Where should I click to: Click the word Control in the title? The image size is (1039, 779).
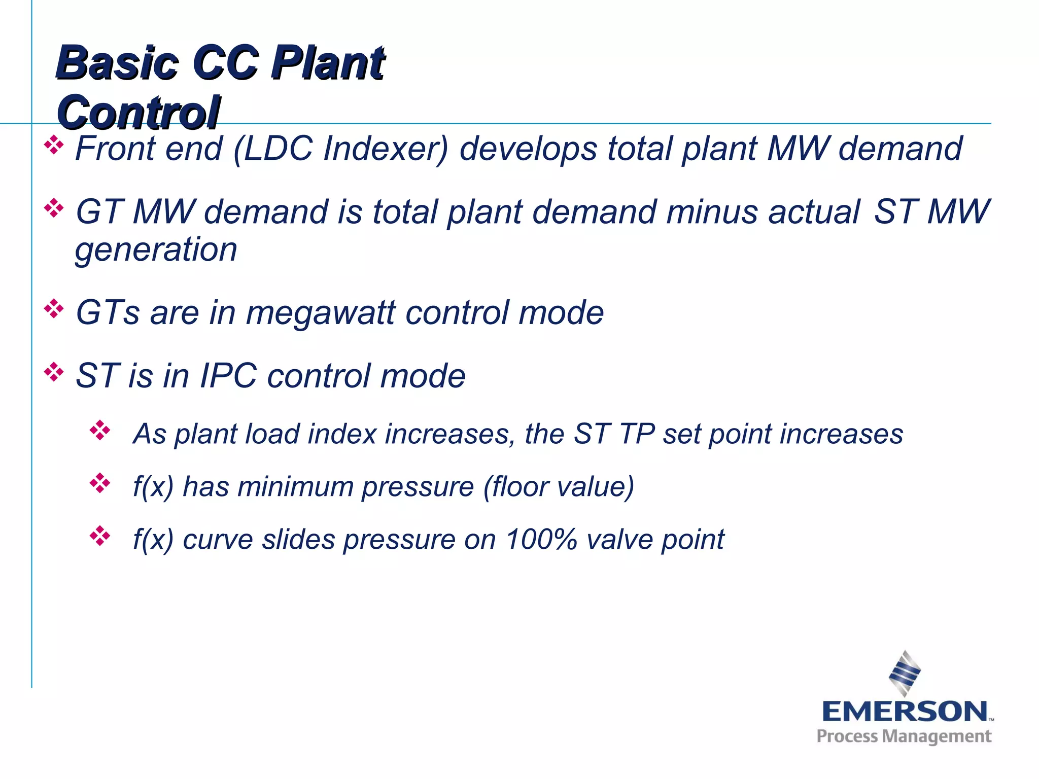(138, 113)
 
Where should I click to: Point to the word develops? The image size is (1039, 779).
(528, 150)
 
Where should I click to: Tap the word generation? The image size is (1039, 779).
(156, 251)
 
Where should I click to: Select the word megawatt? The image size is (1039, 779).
(320, 313)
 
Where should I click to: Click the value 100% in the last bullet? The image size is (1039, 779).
(541, 539)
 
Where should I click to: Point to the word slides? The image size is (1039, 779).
(298, 539)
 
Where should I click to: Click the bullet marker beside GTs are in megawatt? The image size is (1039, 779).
(54, 309)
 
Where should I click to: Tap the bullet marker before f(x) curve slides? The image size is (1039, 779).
(100, 536)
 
